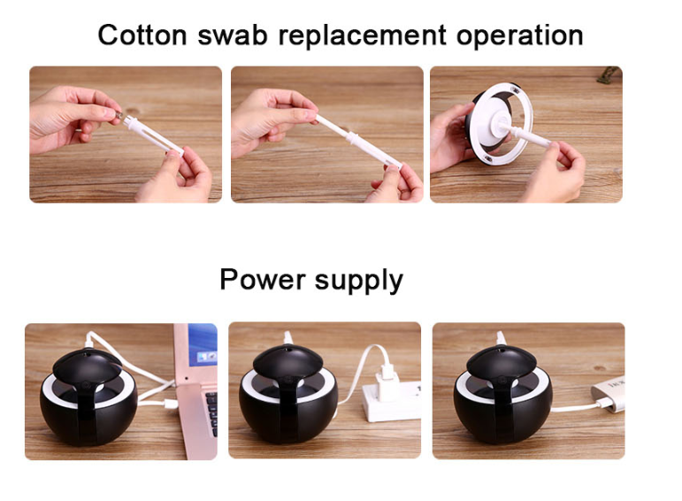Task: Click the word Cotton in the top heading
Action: [x=142, y=35]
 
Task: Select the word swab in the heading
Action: [x=233, y=35]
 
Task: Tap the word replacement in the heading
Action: [x=362, y=36]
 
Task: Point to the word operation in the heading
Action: [x=520, y=36]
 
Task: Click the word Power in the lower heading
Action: [x=263, y=279]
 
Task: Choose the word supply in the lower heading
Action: [x=359, y=281]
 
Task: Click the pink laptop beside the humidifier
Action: [x=195, y=391]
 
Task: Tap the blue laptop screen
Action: [x=203, y=344]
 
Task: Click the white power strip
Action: [x=393, y=401]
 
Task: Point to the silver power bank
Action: [x=609, y=394]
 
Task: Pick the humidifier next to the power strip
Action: [x=287, y=394]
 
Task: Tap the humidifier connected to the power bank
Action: [x=502, y=394]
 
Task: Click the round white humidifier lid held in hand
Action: [x=500, y=123]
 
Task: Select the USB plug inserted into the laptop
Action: [x=171, y=404]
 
